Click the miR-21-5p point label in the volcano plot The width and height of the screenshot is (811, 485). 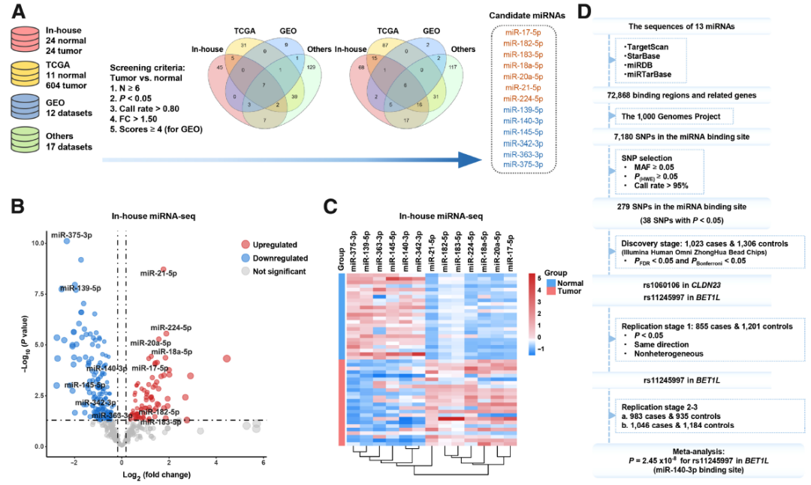(158, 273)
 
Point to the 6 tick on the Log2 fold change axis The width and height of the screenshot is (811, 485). (263, 462)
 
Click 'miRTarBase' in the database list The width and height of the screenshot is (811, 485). (645, 74)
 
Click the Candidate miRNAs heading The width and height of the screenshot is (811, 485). (523, 15)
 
